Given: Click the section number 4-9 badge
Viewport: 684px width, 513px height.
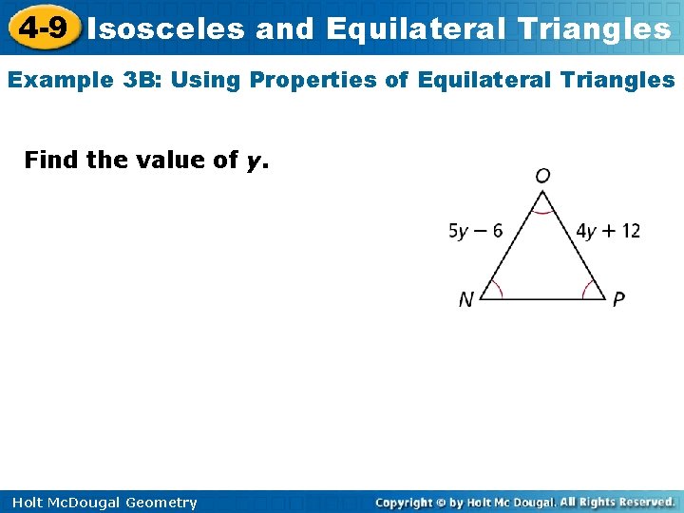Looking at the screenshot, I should (x=42, y=28).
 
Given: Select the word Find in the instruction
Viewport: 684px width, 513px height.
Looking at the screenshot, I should (x=51, y=160).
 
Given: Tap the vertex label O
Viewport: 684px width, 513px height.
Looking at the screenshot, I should (x=542, y=176).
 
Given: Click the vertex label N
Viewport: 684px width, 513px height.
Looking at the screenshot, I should (x=465, y=300).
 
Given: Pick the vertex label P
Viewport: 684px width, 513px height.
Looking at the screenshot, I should (x=618, y=300).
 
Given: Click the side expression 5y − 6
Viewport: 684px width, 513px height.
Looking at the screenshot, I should (x=476, y=231).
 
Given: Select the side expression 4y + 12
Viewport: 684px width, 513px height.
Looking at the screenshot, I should (x=608, y=231).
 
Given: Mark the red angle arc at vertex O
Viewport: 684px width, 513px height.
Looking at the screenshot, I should (x=542, y=211).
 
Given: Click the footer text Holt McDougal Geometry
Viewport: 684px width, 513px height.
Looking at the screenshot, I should (x=104, y=503).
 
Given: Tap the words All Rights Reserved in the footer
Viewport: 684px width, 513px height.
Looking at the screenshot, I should (x=617, y=502).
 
